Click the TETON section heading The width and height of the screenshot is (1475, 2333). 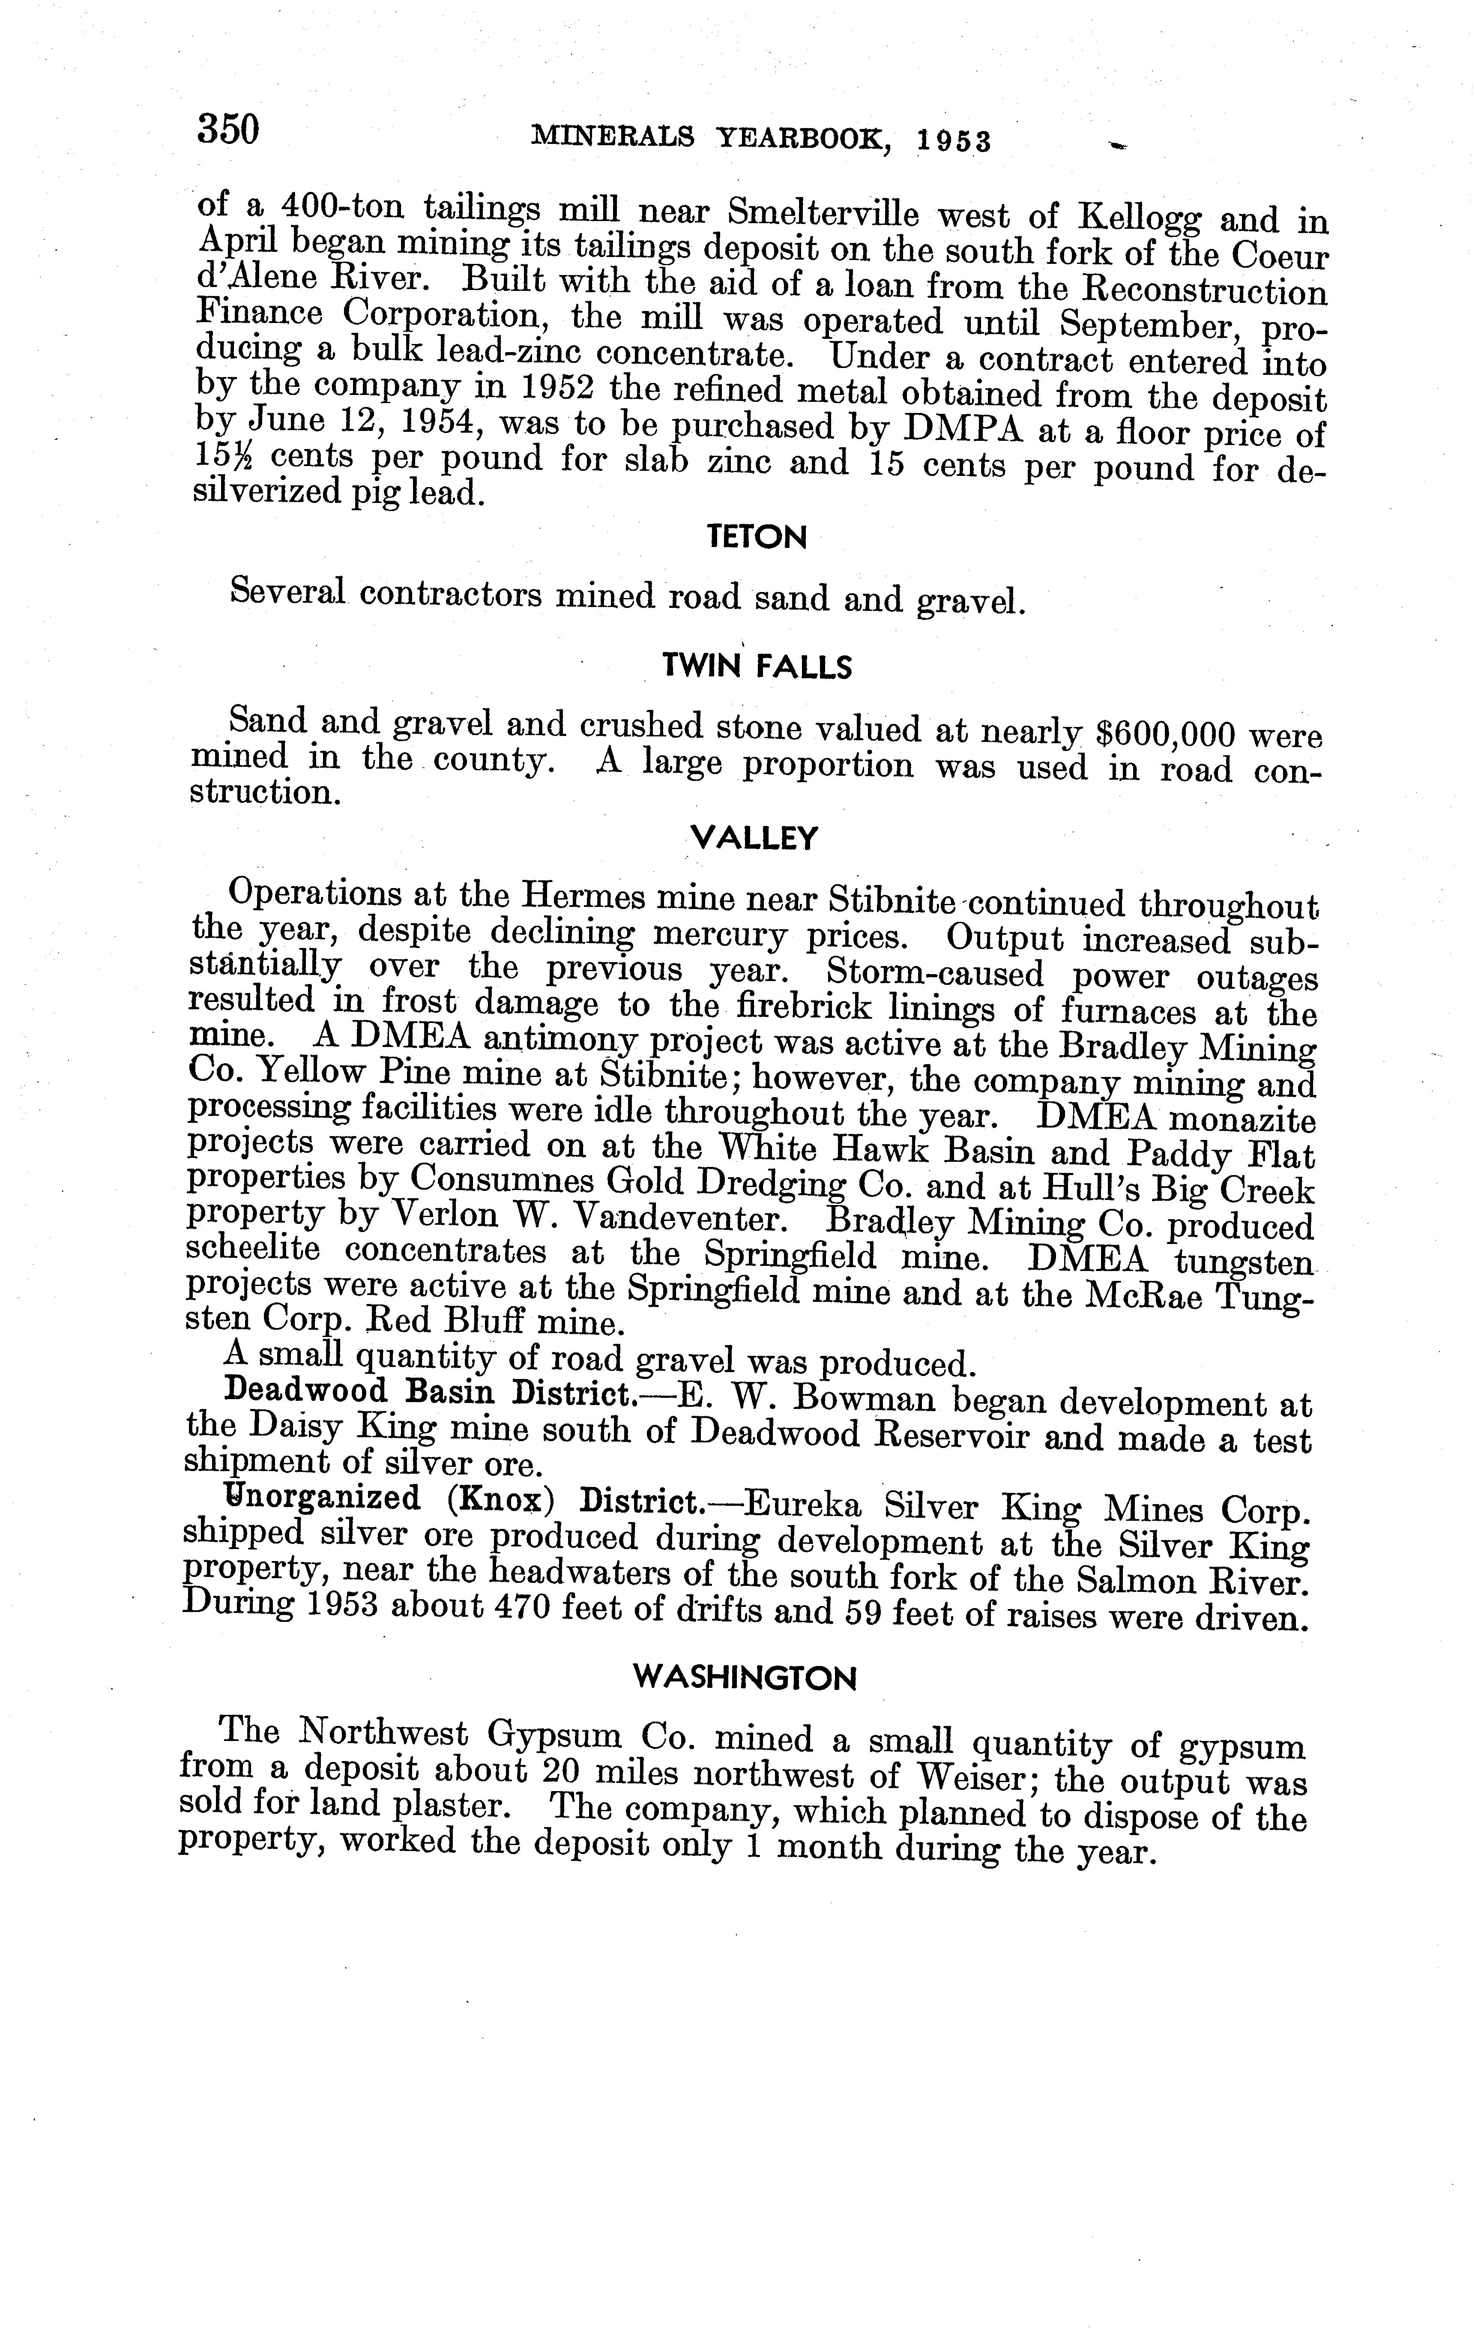click(x=758, y=537)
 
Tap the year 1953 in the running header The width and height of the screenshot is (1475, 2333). click(x=954, y=141)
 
